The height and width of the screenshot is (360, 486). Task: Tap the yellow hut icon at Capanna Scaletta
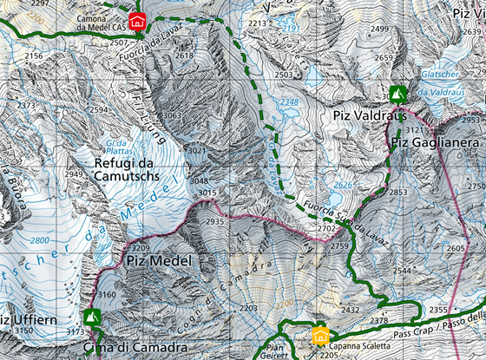320,336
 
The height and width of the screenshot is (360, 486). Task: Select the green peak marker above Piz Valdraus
397,92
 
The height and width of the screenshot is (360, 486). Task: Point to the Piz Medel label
158,259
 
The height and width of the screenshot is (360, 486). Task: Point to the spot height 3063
173,115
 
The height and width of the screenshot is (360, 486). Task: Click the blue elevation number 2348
288,102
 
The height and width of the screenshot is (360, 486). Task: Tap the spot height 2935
214,222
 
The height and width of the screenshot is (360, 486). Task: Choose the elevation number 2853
398,192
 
